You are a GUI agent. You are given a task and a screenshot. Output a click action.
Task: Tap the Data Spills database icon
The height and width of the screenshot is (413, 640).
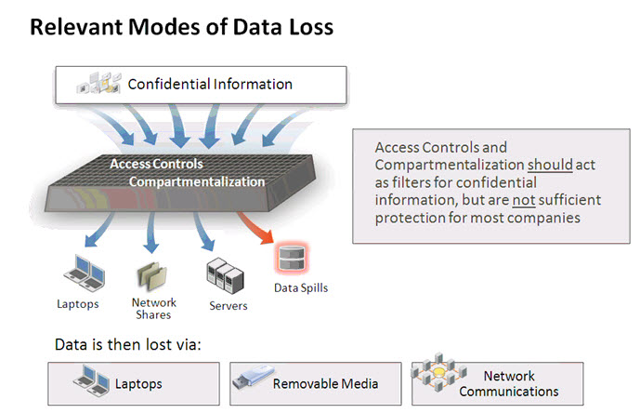coord(292,259)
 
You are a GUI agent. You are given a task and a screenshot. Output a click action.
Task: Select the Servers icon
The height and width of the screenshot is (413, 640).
coord(225,275)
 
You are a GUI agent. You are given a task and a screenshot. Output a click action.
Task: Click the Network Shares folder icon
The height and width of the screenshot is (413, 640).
coord(151,276)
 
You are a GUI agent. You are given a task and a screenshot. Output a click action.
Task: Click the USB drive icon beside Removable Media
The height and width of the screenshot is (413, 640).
coord(253,377)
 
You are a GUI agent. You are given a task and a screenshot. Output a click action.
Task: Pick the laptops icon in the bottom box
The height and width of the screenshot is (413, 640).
coord(91,380)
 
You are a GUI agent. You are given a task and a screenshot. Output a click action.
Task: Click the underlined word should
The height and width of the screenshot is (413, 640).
coord(550,165)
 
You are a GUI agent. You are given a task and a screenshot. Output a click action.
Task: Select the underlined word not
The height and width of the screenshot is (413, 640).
coord(524,200)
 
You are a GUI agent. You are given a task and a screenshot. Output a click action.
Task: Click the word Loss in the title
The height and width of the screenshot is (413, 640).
coord(311,27)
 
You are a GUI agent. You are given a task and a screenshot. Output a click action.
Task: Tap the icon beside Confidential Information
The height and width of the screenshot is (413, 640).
coord(99,83)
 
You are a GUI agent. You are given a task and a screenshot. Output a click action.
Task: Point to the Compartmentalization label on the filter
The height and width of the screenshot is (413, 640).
coord(197,181)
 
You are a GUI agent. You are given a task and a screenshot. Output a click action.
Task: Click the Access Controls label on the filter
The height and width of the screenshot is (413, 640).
coord(156,164)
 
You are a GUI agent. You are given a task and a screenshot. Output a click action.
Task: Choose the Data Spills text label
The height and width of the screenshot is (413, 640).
coord(301,287)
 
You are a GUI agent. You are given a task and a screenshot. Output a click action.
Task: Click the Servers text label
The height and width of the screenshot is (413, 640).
coord(229,306)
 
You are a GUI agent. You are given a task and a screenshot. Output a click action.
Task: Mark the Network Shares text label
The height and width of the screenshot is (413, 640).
coord(154,309)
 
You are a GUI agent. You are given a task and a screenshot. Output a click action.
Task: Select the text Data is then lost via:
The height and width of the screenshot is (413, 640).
coord(128,345)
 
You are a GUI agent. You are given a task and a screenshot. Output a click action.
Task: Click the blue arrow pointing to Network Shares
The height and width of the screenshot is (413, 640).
coord(151,232)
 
